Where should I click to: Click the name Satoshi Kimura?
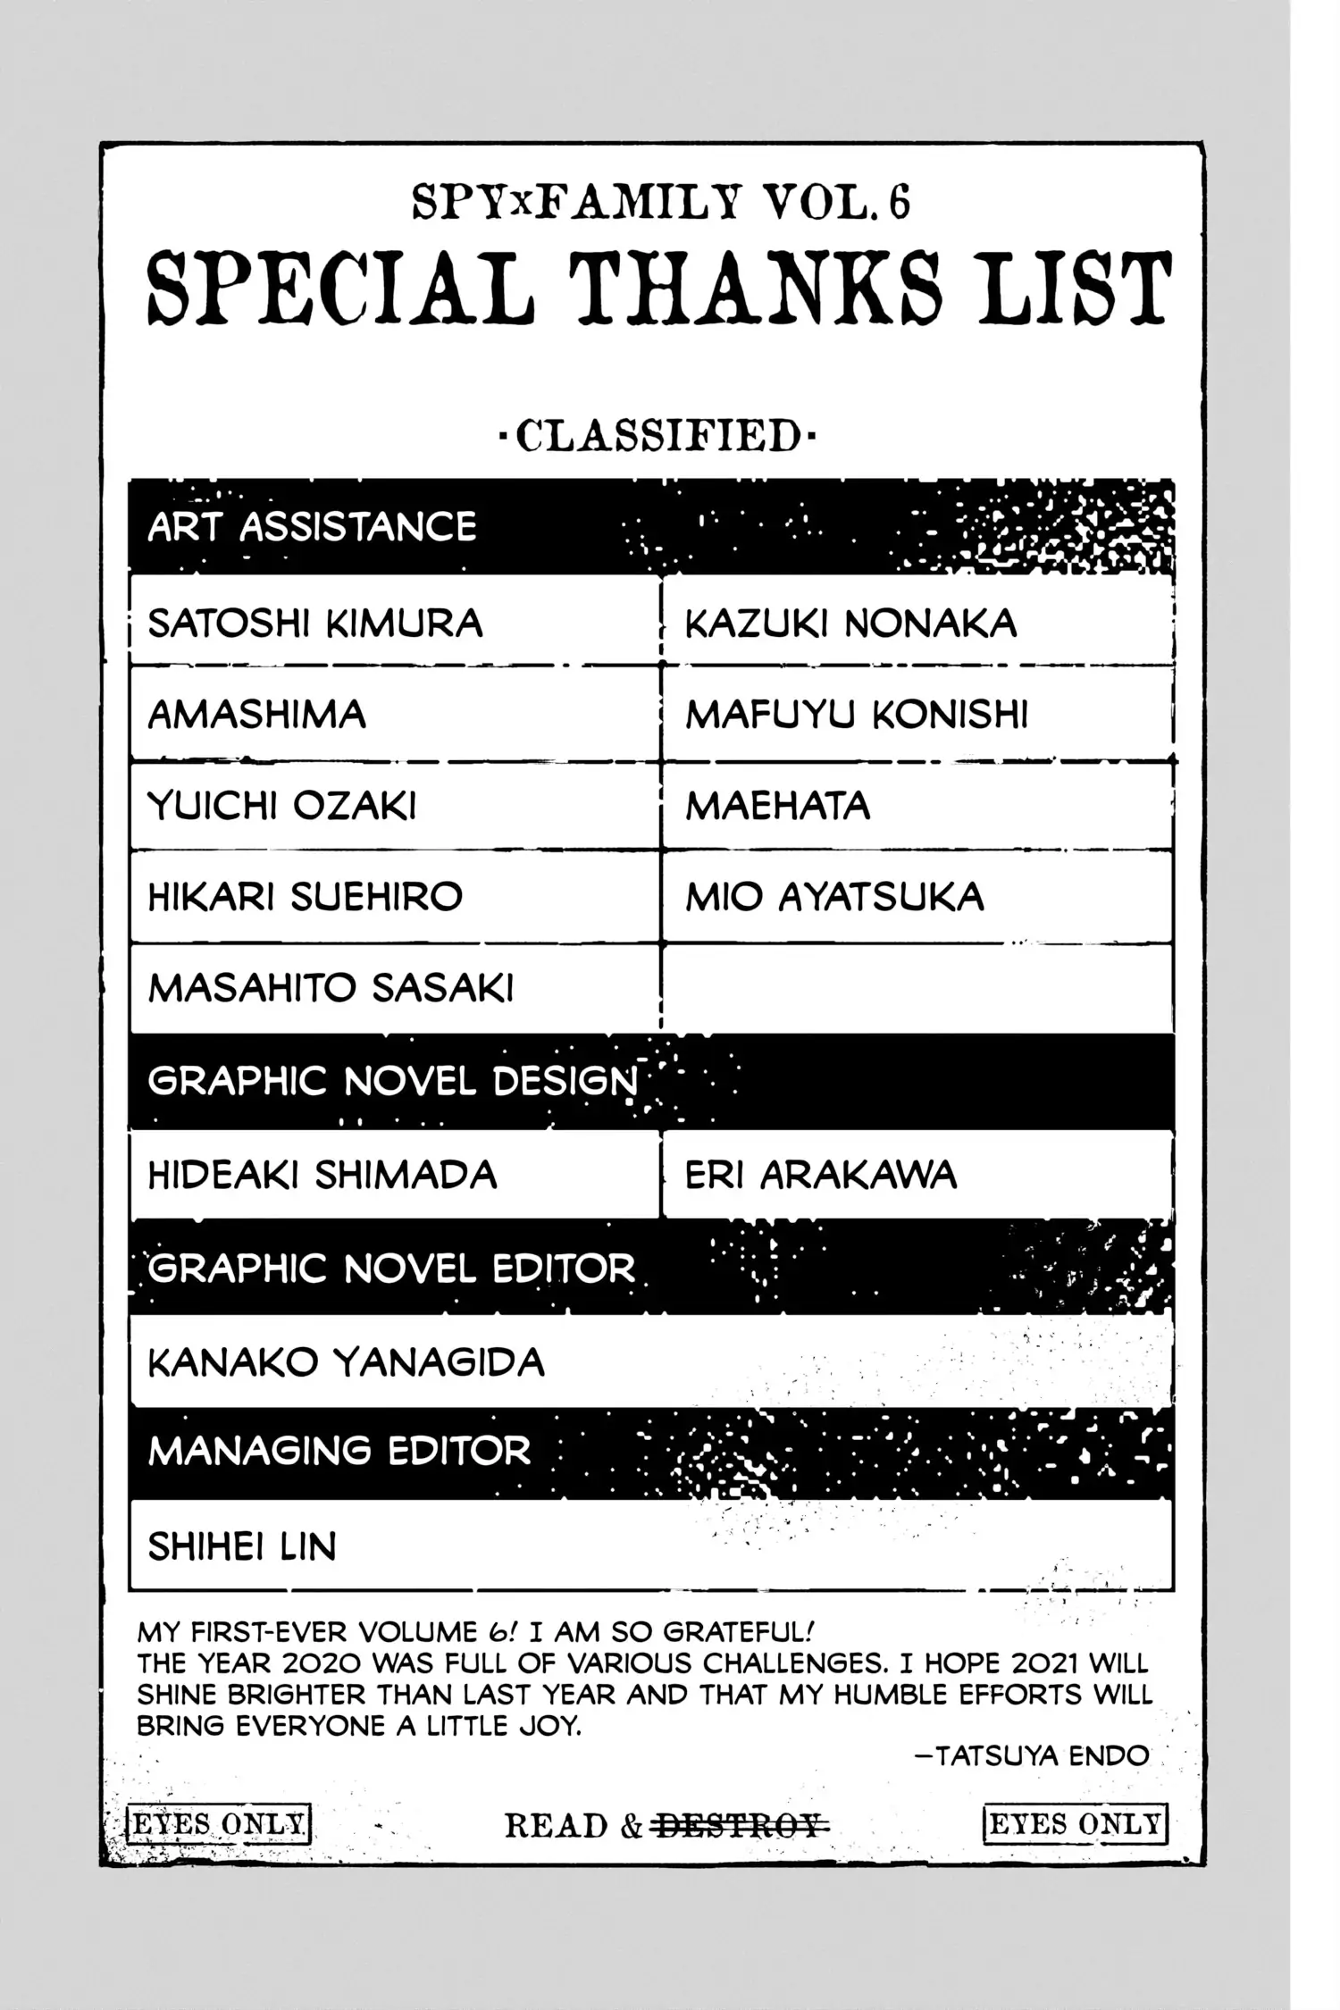coord(314,624)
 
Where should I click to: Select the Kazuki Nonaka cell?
coord(850,624)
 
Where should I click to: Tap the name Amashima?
coord(256,715)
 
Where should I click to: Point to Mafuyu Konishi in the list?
coord(857,715)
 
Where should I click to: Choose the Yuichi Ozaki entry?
coord(281,806)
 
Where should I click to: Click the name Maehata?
coord(777,806)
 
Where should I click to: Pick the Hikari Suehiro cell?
coord(305,897)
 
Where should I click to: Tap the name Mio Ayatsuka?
coord(834,897)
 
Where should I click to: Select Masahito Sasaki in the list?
coord(331,988)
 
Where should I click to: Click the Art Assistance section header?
coord(312,527)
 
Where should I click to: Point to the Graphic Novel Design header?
coord(393,1082)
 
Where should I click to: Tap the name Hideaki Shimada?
coord(322,1175)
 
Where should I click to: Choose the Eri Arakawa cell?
coord(820,1175)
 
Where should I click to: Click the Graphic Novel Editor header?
coord(391,1269)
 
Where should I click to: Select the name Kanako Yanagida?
coord(346,1363)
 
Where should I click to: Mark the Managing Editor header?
coord(339,1451)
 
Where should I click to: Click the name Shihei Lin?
coord(242,1546)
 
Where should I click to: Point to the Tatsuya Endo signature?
coord(1033,1755)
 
